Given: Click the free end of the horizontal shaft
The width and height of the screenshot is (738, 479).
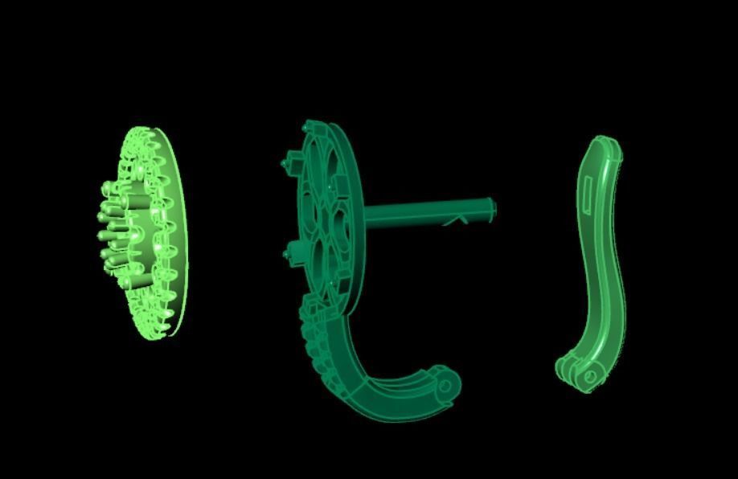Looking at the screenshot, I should pyautogui.click(x=491, y=208).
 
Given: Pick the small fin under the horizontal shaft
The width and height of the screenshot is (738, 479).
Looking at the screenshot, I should pyautogui.click(x=457, y=219).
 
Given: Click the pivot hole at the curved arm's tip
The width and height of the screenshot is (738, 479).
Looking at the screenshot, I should pyautogui.click(x=445, y=386).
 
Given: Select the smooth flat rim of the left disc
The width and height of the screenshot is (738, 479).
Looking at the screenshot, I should pyautogui.click(x=180, y=233).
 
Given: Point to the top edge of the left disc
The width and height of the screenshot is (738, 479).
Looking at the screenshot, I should pyautogui.click(x=145, y=129).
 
